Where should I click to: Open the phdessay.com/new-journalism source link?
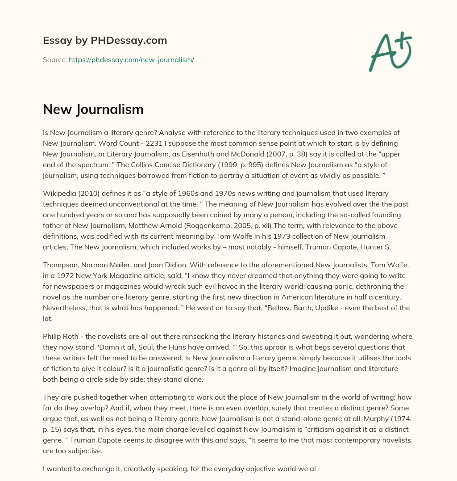(x=131, y=59)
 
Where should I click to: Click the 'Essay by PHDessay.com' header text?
(x=105, y=40)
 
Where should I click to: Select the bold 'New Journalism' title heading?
(x=93, y=109)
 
